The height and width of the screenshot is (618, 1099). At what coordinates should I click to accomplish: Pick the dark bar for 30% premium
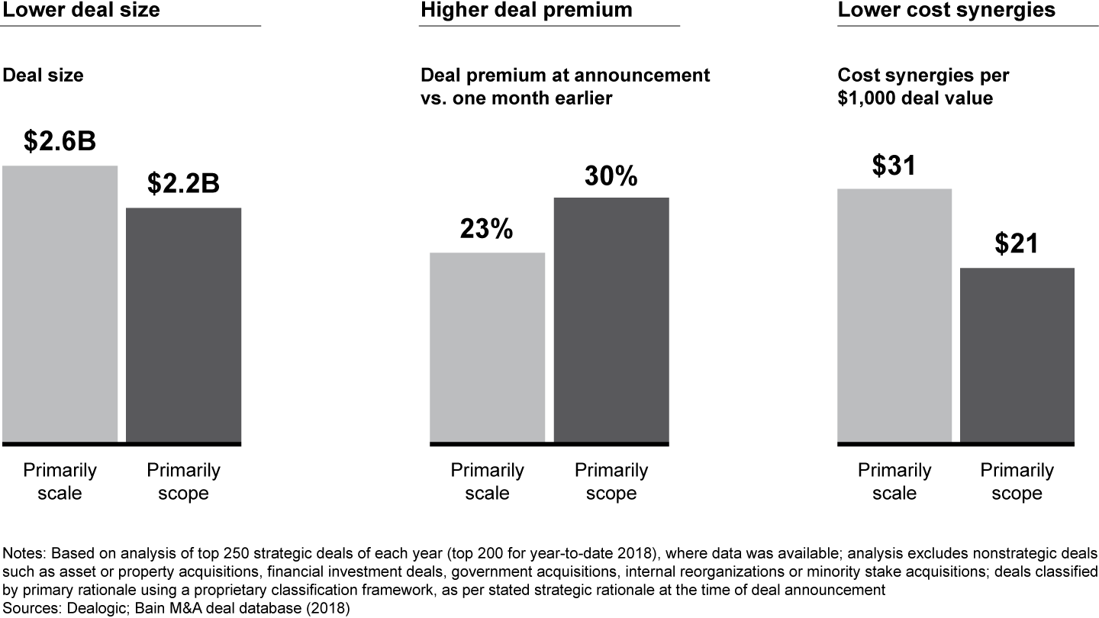tap(611, 320)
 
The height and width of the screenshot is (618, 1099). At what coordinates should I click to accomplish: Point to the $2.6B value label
tap(60, 141)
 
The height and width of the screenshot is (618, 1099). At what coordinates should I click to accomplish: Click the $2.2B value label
tap(183, 183)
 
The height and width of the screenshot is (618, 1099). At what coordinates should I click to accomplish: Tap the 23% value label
tap(487, 229)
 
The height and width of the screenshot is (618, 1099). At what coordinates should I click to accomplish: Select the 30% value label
tap(611, 175)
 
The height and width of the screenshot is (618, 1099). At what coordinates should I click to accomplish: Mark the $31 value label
tap(894, 166)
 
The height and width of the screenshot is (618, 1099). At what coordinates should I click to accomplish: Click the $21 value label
tap(1017, 243)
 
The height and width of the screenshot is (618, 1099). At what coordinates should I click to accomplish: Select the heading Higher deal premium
tap(526, 10)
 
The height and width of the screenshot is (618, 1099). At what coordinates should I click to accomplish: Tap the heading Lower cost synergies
tap(946, 10)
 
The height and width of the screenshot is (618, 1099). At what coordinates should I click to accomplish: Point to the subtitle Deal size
tap(44, 76)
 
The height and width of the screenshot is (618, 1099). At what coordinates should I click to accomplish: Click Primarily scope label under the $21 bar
tap(1017, 481)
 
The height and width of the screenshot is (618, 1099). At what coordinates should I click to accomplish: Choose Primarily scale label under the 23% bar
tap(487, 481)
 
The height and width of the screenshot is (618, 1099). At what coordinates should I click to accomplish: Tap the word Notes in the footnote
tap(23, 552)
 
